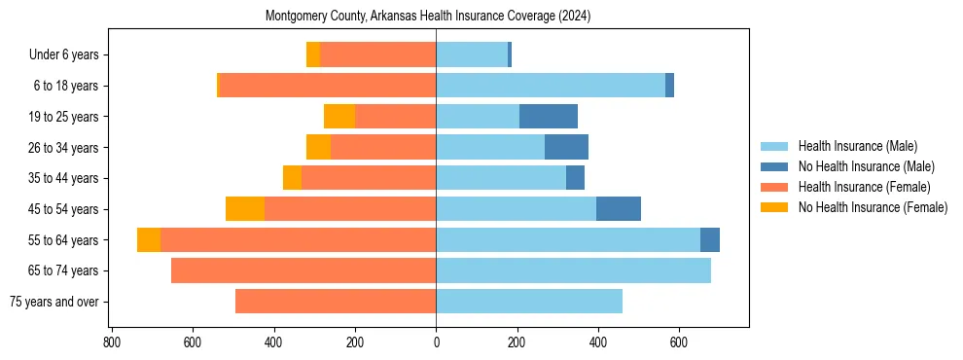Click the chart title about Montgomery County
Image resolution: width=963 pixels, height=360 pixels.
tap(428, 17)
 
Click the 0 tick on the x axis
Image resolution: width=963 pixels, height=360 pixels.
tap(436, 342)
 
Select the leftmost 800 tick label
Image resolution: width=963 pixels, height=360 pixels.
tap(111, 342)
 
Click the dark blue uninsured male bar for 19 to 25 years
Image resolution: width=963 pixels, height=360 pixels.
tap(549, 117)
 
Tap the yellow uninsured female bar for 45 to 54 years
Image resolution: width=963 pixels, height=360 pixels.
tap(245, 209)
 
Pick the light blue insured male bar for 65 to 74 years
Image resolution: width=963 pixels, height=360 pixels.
tap(573, 270)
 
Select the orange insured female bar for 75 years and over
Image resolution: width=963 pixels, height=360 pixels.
tap(336, 302)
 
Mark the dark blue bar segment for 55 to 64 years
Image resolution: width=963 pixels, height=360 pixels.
tap(710, 240)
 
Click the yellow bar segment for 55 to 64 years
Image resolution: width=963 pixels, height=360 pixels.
tap(149, 240)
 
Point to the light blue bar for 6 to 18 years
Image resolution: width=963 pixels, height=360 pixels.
tap(551, 86)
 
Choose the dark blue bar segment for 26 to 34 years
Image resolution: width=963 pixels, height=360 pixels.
tap(566, 148)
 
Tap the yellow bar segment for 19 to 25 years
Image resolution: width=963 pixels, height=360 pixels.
tap(339, 117)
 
